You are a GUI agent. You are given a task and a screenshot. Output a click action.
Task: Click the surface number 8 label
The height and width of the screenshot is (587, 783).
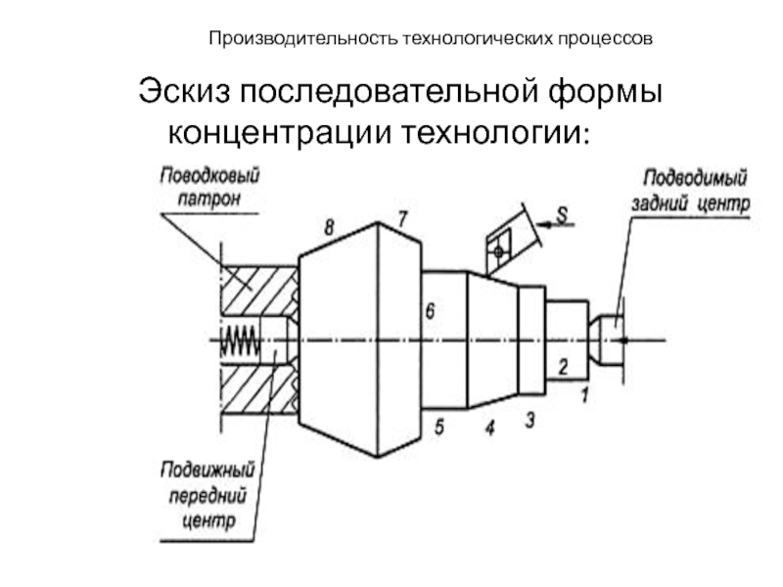(x=329, y=227)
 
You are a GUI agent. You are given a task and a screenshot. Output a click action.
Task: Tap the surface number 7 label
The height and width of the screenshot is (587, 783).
(x=401, y=216)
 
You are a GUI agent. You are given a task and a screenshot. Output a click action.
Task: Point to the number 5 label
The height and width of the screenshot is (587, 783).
(x=439, y=427)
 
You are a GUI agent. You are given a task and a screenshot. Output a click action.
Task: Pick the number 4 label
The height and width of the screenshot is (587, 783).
(x=488, y=427)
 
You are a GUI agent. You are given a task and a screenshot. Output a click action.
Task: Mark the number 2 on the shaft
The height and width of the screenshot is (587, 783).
(x=563, y=367)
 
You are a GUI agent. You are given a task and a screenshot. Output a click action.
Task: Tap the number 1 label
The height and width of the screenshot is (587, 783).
(x=584, y=395)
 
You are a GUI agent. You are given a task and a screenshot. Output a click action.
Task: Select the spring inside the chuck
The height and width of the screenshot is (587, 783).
(x=240, y=339)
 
